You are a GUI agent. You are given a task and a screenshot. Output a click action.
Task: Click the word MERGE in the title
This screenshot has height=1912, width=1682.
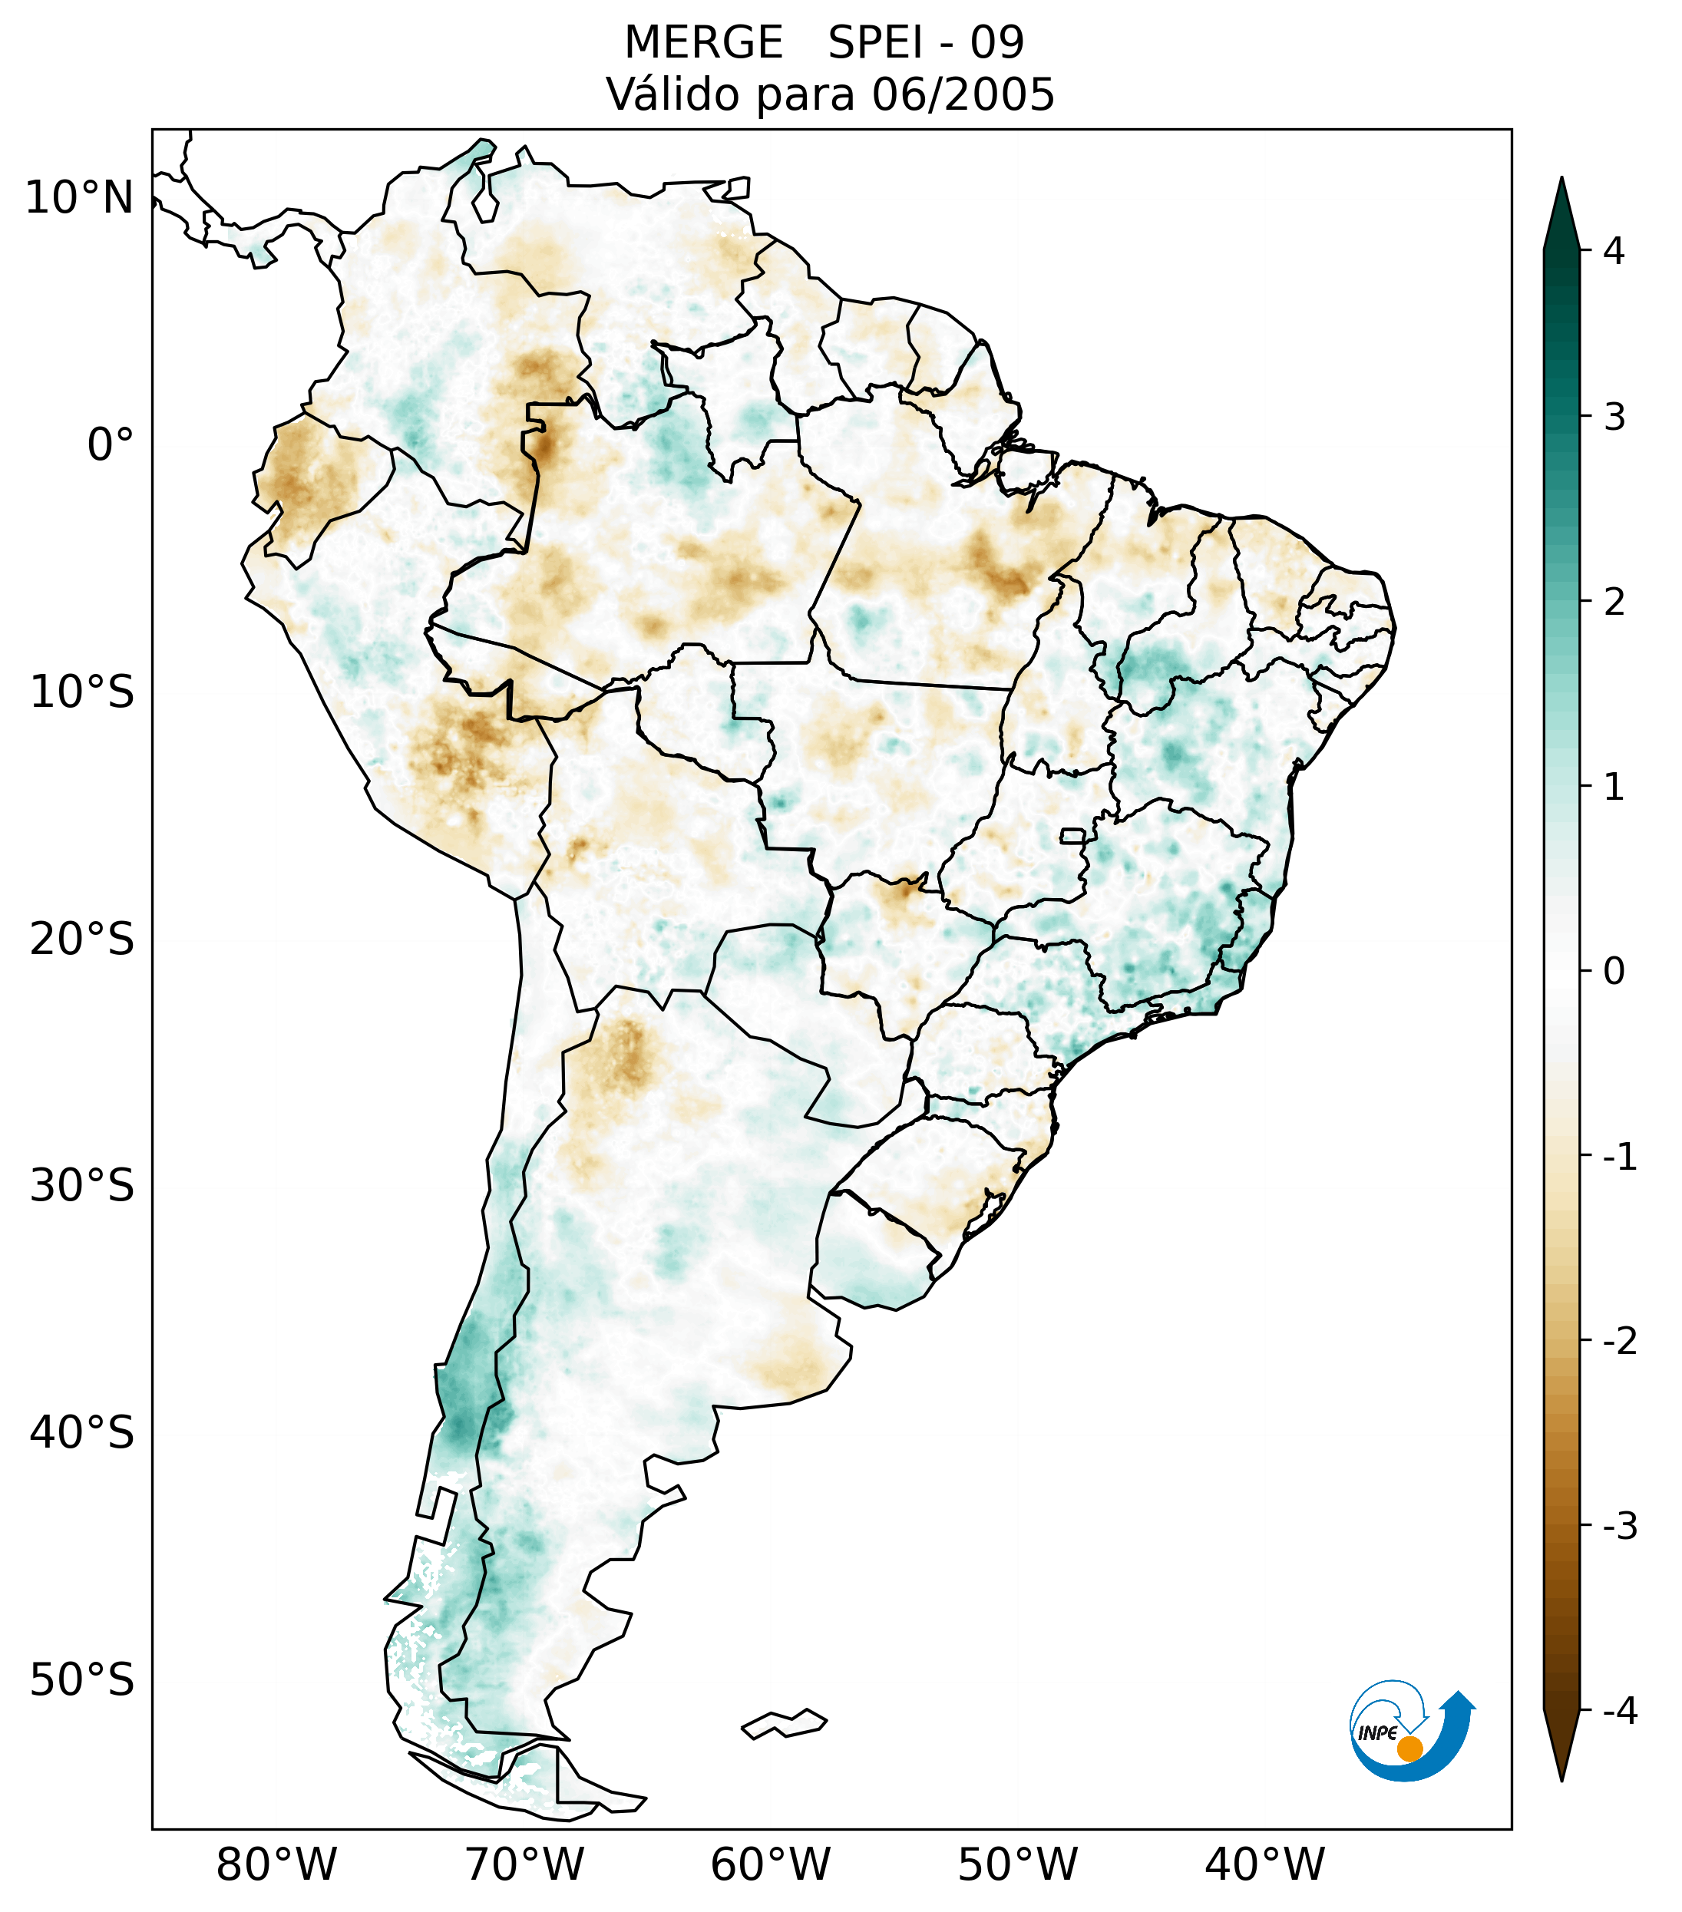point(702,43)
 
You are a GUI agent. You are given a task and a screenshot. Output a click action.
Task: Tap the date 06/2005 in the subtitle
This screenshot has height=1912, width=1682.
point(963,94)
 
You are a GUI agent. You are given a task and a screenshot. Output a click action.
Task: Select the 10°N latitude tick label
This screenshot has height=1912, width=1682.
point(80,198)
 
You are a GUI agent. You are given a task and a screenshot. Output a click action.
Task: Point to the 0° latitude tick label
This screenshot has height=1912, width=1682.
point(110,445)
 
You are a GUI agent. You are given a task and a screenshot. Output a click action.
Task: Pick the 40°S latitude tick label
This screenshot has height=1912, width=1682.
point(82,1432)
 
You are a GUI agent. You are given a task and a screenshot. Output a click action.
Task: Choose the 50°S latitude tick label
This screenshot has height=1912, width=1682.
point(82,1680)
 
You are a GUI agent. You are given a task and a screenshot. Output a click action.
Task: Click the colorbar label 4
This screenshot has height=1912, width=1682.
point(1613,251)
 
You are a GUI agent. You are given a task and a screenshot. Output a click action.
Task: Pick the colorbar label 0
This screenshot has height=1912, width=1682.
point(1613,972)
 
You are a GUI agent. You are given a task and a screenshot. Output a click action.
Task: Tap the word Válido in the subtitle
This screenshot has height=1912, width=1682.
point(673,94)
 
